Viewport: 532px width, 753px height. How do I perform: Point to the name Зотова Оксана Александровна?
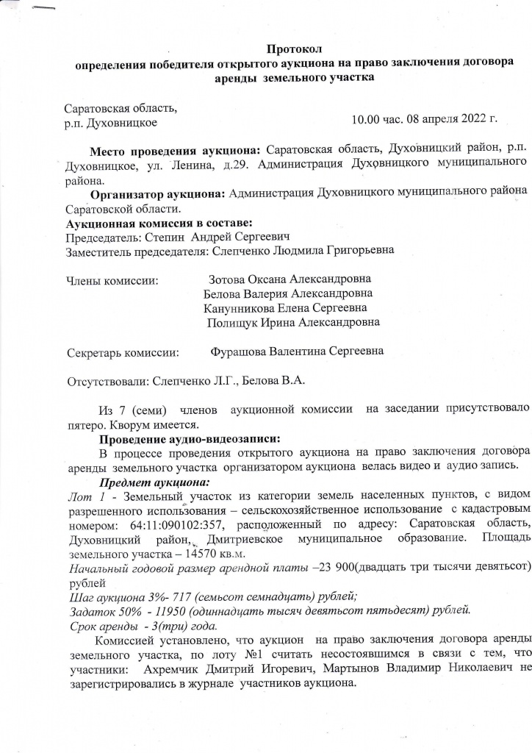pyautogui.click(x=290, y=279)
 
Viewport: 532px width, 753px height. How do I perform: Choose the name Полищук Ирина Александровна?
pyautogui.click(x=293, y=322)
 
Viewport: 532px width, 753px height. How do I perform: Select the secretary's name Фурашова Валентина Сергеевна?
pyautogui.click(x=297, y=351)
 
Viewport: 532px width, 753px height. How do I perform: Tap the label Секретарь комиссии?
pyautogui.click(x=123, y=352)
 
